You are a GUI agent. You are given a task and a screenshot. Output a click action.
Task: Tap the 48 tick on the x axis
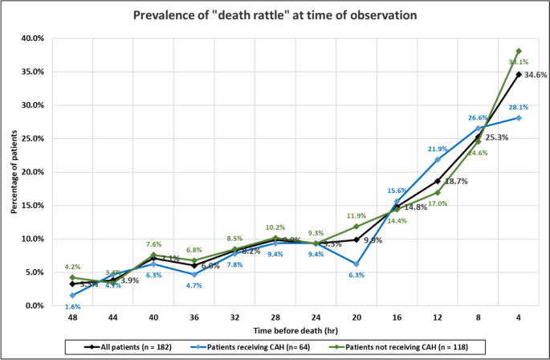(x=72, y=317)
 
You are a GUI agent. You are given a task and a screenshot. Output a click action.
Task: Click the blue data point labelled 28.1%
(x=518, y=117)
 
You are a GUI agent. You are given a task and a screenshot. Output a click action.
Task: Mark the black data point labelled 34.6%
(x=518, y=74)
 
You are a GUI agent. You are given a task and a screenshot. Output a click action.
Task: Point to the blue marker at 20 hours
(x=355, y=264)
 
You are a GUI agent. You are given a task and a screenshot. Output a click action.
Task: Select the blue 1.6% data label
(x=72, y=307)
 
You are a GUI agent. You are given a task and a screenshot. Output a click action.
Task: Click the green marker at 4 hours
(x=518, y=51)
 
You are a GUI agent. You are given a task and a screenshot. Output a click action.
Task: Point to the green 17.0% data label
(x=437, y=203)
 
